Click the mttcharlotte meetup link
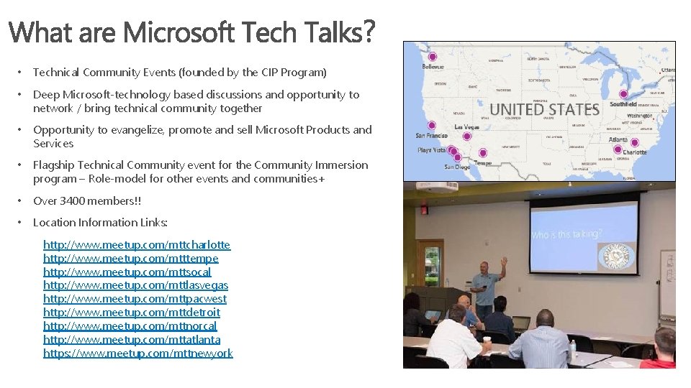click(137, 244)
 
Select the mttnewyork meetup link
click(138, 354)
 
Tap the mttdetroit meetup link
click(132, 313)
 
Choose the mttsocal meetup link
click(127, 272)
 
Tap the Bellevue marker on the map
click(432, 57)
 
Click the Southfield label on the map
click(623, 104)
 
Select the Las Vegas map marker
click(466, 136)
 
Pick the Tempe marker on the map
click(482, 153)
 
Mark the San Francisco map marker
click(431, 125)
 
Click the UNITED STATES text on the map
click(544, 110)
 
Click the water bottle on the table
click(573, 348)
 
